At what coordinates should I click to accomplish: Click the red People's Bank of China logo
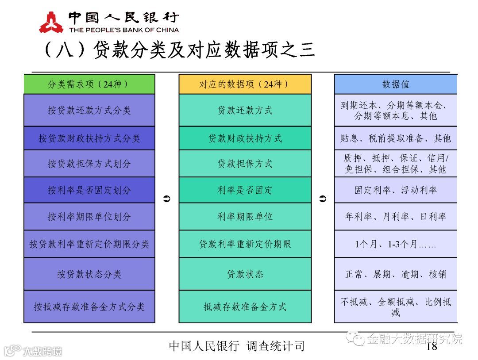click(51, 22)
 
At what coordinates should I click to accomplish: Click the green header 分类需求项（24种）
click(89, 84)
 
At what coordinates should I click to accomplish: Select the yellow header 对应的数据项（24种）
click(245, 84)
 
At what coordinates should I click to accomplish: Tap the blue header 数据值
click(395, 84)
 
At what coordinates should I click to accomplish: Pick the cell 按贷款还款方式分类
click(89, 110)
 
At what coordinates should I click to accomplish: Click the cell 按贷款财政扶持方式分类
click(89, 138)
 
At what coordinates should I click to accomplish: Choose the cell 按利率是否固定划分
click(89, 190)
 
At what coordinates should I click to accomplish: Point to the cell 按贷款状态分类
click(89, 274)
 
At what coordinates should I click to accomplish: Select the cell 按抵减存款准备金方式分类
click(89, 306)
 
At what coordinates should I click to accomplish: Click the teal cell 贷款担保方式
click(245, 164)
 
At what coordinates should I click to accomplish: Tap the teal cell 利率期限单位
click(245, 217)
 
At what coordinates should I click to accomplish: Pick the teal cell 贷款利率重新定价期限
click(245, 244)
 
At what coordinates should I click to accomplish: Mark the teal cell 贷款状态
click(245, 274)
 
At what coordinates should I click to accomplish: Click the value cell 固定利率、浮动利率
click(395, 190)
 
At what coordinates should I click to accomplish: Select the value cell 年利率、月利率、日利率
click(395, 217)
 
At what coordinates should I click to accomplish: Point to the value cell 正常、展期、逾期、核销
click(395, 274)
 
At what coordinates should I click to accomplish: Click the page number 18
click(432, 346)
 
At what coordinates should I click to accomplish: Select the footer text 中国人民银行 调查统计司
click(237, 346)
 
